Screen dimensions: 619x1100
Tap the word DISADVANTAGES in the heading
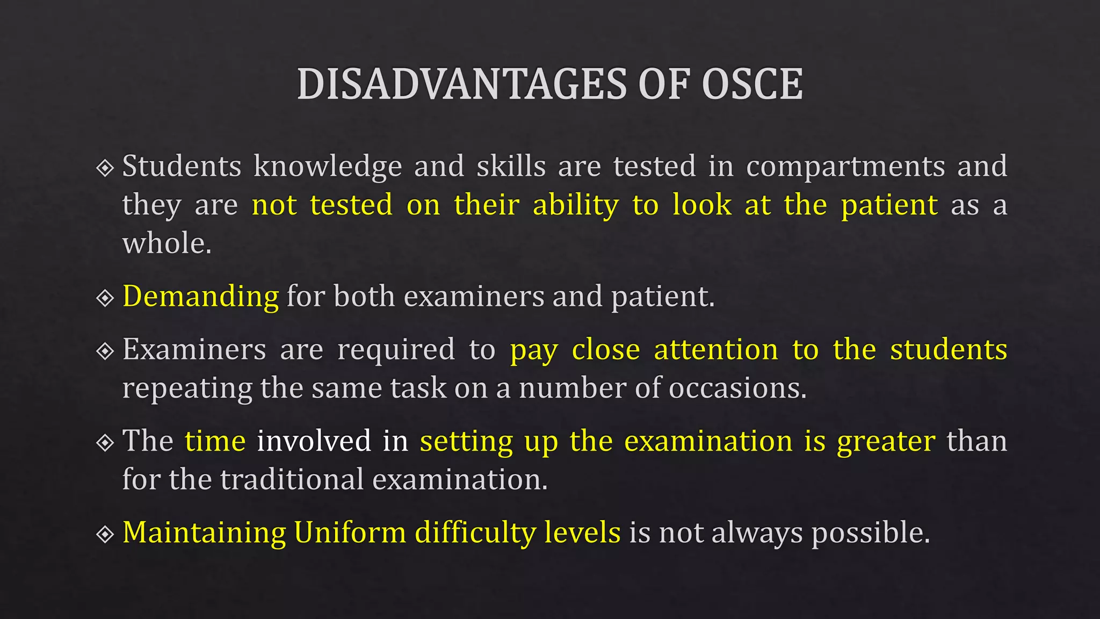pyautogui.click(x=462, y=84)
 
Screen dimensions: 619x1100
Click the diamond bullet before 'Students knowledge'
pyautogui.click(x=105, y=168)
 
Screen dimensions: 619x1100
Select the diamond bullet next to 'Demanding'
pyautogui.click(x=105, y=298)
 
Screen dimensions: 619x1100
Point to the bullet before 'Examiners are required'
pyautogui.click(x=105, y=351)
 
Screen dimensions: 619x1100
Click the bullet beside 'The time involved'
pyautogui.click(x=105, y=443)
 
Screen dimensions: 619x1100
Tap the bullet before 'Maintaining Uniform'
pyautogui.click(x=105, y=534)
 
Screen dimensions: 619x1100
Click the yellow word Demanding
pyautogui.click(x=200, y=297)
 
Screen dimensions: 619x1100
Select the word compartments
pyautogui.click(x=845, y=167)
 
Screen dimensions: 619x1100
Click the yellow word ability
pyautogui.click(x=575, y=206)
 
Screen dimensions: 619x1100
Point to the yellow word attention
pyautogui.click(x=716, y=350)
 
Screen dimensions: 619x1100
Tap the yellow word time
pyautogui.click(x=215, y=441)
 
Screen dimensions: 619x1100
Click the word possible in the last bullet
pyautogui.click(x=870, y=533)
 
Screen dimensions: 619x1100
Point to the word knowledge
pyautogui.click(x=328, y=167)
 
